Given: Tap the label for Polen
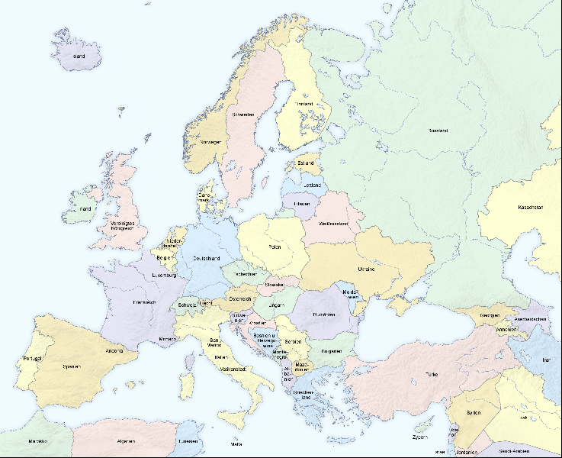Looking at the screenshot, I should (275, 247).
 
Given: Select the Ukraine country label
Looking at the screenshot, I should (367, 269).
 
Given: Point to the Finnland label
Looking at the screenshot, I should (304, 104).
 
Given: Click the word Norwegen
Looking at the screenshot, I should (211, 142).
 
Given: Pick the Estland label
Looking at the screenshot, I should (306, 163).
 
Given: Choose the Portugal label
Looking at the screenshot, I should (32, 358).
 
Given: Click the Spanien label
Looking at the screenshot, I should (72, 366).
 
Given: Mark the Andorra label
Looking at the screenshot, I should (115, 351).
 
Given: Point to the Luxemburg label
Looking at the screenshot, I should (164, 275).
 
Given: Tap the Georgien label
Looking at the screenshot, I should (490, 315).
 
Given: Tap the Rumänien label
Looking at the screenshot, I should (324, 314).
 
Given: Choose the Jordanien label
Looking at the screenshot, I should (463, 452).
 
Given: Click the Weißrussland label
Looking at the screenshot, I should (333, 224).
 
